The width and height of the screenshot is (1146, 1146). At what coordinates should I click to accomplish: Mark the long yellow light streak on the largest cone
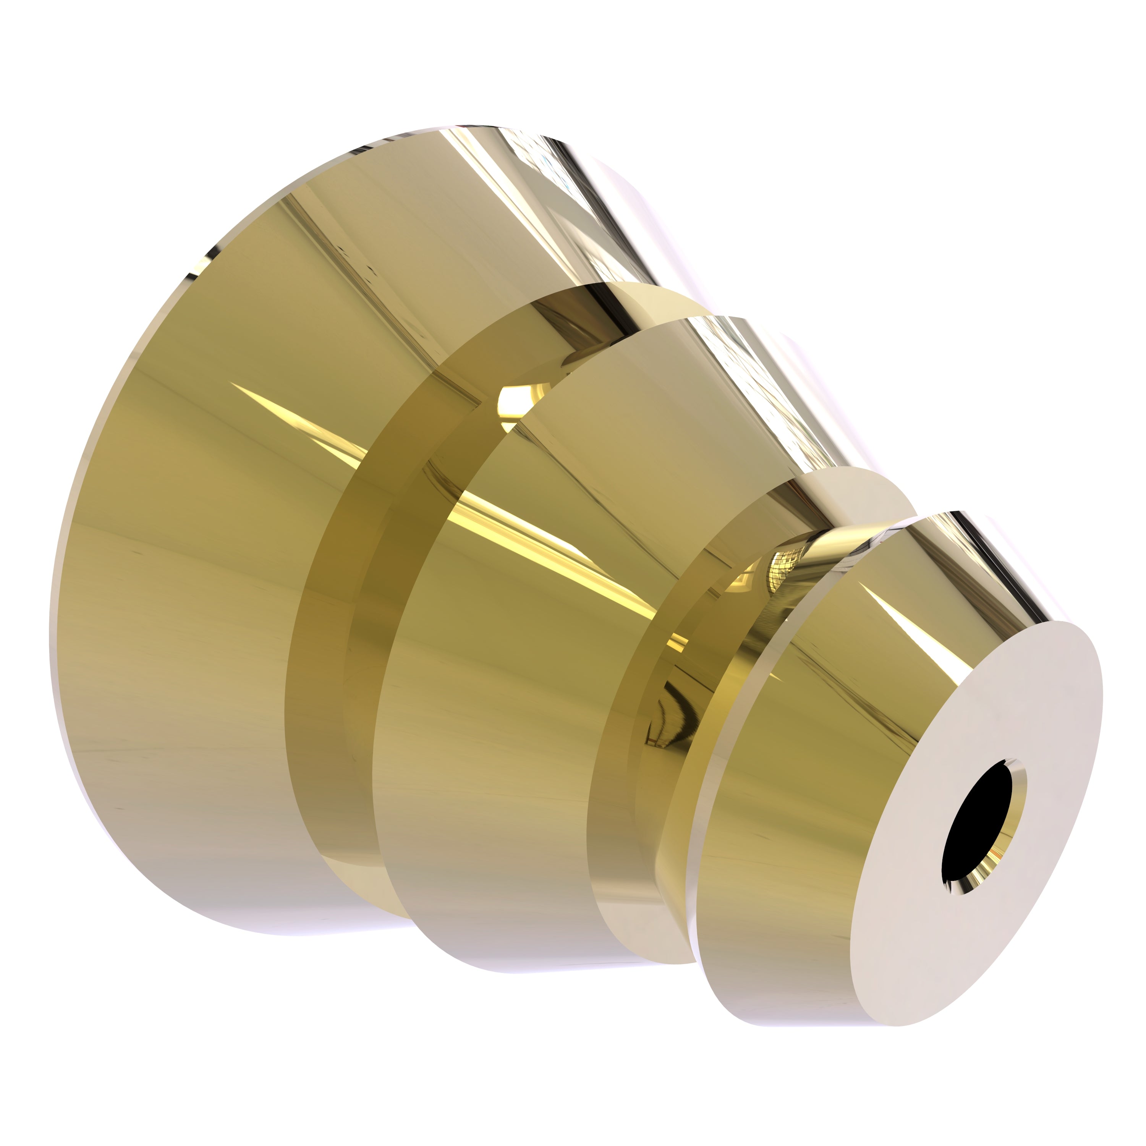point(296,415)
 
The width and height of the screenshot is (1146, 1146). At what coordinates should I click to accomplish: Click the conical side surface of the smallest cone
point(789,771)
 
